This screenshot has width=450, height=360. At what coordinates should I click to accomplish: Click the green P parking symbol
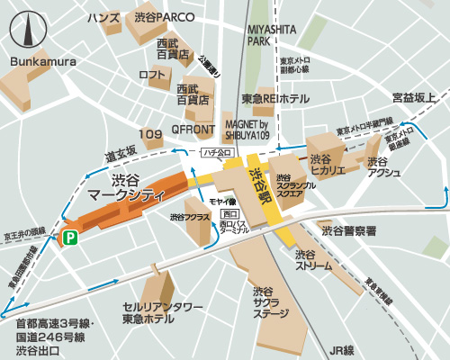pyautogui.click(x=68, y=238)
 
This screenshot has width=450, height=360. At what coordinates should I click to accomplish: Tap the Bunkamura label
pyautogui.click(x=44, y=60)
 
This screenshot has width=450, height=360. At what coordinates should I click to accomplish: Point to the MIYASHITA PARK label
pyautogui.click(x=272, y=35)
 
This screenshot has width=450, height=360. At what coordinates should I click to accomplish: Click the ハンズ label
pyautogui.click(x=103, y=17)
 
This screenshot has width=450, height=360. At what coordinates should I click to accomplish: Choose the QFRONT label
pyautogui.click(x=191, y=130)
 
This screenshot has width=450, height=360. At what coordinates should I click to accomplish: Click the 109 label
pyautogui.click(x=151, y=134)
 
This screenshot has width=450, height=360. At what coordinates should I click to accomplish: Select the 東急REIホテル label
pyautogui.click(x=274, y=98)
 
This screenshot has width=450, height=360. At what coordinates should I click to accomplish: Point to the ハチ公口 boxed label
pyautogui.click(x=217, y=152)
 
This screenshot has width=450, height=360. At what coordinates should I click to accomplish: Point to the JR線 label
pyautogui.click(x=343, y=349)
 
